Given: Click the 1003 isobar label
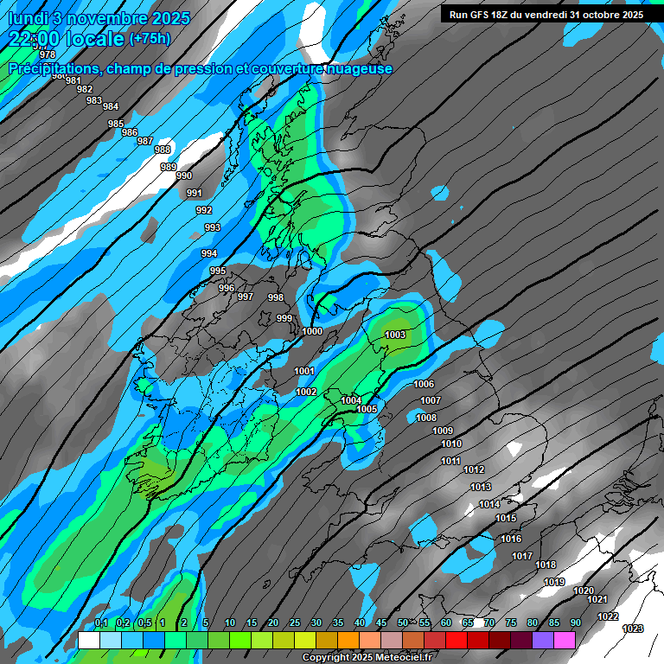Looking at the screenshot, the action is coord(395,335).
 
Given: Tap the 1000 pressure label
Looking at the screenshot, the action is coord(312,331).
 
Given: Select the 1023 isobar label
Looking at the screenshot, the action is coord(633,629).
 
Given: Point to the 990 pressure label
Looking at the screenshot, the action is coord(183,176).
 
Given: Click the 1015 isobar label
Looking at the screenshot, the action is coord(506,518).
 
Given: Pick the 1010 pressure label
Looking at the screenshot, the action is coord(451,444).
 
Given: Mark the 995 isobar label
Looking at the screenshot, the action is coord(218,271).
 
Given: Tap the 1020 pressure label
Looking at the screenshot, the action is coord(584,591).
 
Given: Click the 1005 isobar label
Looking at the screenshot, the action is coord(367,409).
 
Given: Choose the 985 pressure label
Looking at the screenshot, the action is coord(116,124).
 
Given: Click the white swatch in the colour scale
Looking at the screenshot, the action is coord(88,640).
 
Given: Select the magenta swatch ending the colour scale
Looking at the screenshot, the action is coord(565,640).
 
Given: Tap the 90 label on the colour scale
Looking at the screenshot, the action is coord(575,622).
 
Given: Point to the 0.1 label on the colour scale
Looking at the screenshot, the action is coord(100,622).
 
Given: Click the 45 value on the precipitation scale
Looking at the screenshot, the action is coord(381,622).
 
